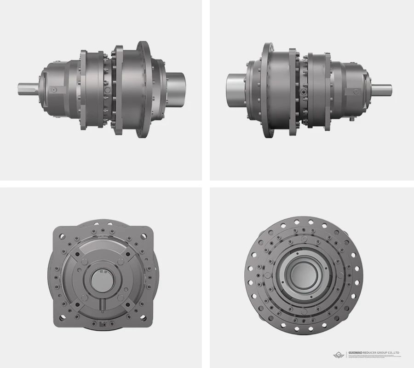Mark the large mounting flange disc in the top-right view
pos(268,89)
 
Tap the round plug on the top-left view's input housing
pos(54,89)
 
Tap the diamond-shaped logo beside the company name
pos(339,355)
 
